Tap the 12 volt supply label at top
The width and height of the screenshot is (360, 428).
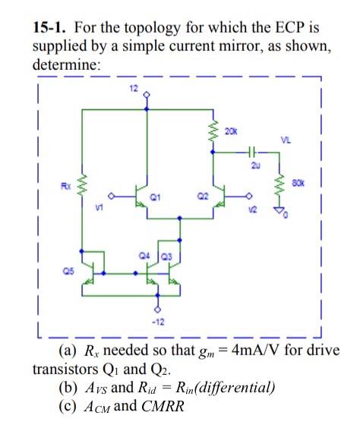point(133,90)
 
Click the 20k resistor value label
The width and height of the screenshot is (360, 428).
point(230,131)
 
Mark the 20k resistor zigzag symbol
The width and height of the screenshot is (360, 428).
point(215,133)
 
